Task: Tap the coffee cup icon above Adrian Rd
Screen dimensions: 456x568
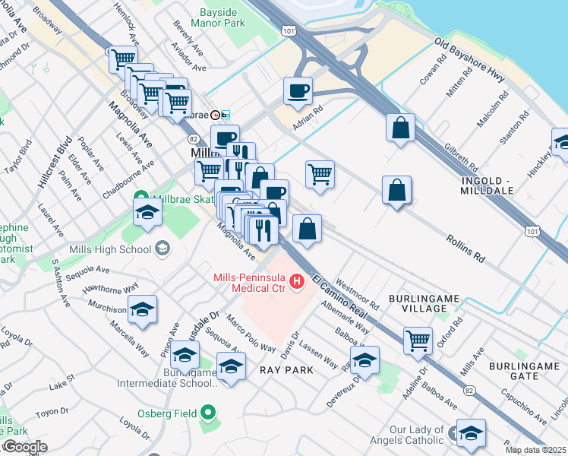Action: coord(298,90)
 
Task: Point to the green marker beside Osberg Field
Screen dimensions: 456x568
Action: coord(209,414)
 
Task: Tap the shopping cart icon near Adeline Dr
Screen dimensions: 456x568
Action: coord(418,342)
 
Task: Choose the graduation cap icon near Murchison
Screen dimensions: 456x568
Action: coord(142,309)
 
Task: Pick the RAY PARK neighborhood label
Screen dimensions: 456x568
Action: coord(286,369)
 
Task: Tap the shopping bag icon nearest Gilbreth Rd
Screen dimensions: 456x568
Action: coord(400,128)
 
